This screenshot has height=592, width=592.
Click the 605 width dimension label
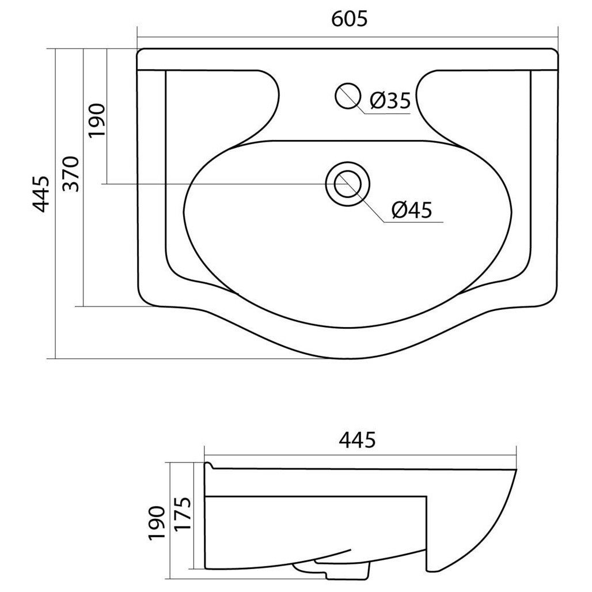click(349, 19)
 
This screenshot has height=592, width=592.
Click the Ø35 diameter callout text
click(390, 100)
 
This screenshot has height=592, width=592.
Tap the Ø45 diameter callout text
click(412, 210)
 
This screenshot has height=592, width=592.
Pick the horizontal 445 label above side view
click(358, 440)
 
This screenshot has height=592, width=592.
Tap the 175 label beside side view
click(183, 514)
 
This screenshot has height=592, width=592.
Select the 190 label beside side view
click(157, 523)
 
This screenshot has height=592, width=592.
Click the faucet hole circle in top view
click(348, 96)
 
